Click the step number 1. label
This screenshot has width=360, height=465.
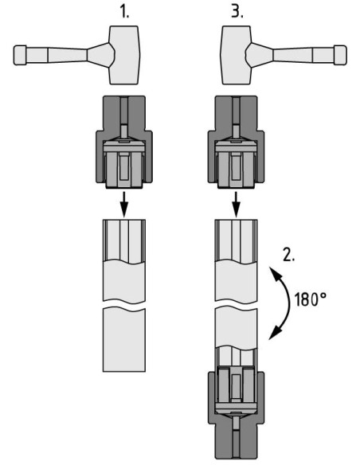124,12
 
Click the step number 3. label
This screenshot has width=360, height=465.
237,12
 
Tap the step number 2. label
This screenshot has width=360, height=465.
289,255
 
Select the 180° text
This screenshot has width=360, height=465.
311,299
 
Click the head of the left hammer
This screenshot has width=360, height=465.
124,55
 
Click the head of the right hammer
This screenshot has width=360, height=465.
236,55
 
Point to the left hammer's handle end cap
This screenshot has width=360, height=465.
20,55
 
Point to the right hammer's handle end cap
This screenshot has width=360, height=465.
340,55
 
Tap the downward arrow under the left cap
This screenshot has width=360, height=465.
124,205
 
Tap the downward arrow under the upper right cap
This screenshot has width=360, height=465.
236,205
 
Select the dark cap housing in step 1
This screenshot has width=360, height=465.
124,142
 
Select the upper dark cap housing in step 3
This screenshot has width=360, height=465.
236,142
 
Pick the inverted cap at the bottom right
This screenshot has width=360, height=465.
236,414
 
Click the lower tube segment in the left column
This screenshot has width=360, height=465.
124,340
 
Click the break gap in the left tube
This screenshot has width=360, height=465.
124,306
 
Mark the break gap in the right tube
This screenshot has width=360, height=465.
236,306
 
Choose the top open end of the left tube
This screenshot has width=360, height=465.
124,221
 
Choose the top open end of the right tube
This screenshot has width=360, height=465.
236,221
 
